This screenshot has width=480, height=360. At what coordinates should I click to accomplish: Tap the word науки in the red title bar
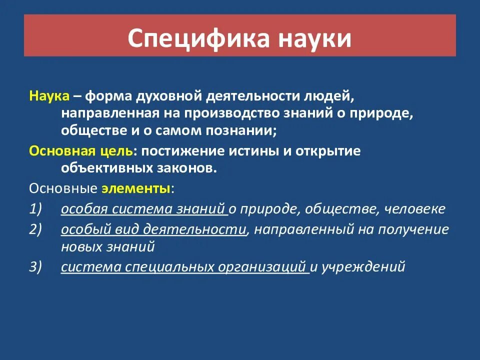[316, 39]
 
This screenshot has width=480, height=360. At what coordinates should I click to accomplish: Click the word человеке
[414, 209]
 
